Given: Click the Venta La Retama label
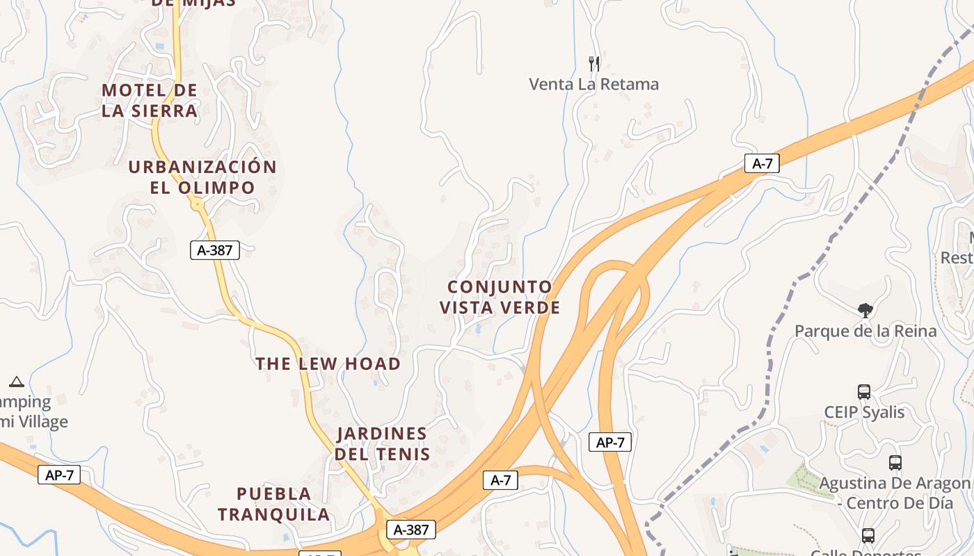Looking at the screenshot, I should tap(593, 84).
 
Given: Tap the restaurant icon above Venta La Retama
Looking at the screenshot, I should tap(594, 64).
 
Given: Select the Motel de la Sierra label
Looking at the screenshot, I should tap(150, 100).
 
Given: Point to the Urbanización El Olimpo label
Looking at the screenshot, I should tap(202, 177).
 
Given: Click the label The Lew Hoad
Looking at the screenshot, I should tap(328, 363).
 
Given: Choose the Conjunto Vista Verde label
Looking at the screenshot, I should tap(500, 297).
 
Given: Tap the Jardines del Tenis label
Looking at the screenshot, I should tap(382, 443).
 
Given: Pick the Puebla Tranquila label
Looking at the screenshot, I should tap(274, 504).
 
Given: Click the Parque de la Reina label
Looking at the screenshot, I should tap(865, 331).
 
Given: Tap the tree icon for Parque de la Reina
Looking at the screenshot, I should tap(865, 310).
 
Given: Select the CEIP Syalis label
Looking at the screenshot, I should tap(864, 412).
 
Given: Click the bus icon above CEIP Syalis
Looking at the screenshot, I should tap(864, 392).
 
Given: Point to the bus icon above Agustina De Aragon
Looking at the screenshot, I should tap(895, 462).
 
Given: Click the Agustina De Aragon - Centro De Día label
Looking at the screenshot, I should tap(895, 493).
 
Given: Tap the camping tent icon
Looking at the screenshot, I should tap(17, 381).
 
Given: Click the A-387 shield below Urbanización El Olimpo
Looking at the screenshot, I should tap(215, 250).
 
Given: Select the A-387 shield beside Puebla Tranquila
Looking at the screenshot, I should tap(411, 530).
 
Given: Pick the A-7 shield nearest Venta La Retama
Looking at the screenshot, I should tap(762, 163).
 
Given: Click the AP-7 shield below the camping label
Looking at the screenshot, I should tap(59, 475).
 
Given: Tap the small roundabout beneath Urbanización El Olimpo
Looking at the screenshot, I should tap(198, 204).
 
